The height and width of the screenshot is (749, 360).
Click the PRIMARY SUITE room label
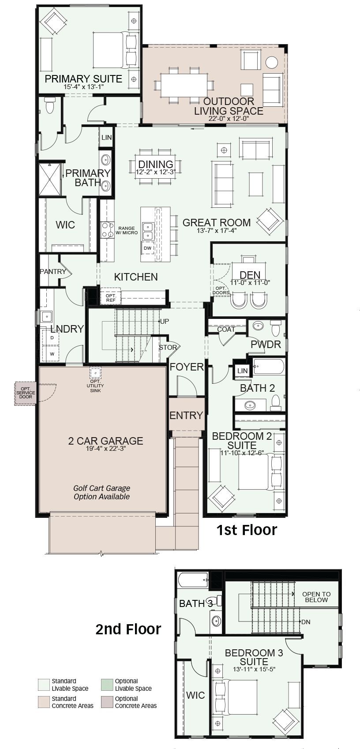(x=83, y=79)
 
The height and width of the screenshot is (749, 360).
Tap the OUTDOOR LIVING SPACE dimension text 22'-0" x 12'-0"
(x=229, y=119)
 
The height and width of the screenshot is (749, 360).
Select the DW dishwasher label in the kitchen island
(x=147, y=248)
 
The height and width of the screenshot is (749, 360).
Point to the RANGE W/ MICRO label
(x=127, y=230)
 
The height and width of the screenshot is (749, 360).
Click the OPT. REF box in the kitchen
(x=111, y=296)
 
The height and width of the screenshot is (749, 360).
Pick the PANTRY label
(x=53, y=272)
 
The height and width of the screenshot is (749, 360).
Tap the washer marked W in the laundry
(x=52, y=354)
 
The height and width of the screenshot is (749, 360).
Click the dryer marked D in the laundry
(x=52, y=338)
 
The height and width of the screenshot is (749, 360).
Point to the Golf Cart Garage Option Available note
(x=102, y=492)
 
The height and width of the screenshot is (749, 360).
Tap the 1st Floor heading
(x=247, y=530)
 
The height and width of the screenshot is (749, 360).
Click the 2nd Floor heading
(x=128, y=629)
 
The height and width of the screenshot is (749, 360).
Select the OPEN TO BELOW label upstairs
(x=316, y=597)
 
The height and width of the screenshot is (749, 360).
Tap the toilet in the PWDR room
(x=275, y=328)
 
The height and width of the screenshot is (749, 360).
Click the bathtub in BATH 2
(x=269, y=367)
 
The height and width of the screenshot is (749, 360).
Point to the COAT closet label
(x=226, y=330)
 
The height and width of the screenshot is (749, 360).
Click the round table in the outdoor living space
(x=271, y=63)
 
